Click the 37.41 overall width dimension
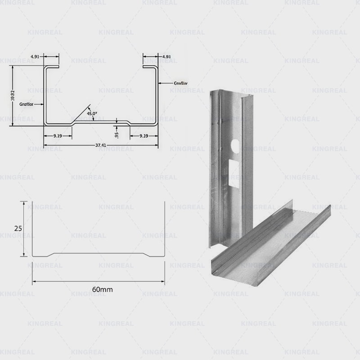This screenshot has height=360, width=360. click(x=101, y=145)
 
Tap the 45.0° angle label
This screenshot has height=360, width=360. click(x=91, y=114)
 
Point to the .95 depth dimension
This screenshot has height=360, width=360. click(x=117, y=135)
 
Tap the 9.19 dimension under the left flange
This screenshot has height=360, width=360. click(x=58, y=135)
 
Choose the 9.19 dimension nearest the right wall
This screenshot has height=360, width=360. click(x=144, y=135)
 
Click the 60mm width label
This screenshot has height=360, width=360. click(x=102, y=289)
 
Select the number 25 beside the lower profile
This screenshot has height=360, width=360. click(x=18, y=229)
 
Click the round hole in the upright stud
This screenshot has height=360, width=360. click(x=234, y=145)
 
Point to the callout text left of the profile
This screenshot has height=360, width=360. click(x=27, y=104)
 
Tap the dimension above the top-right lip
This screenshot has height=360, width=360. click(x=166, y=57)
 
